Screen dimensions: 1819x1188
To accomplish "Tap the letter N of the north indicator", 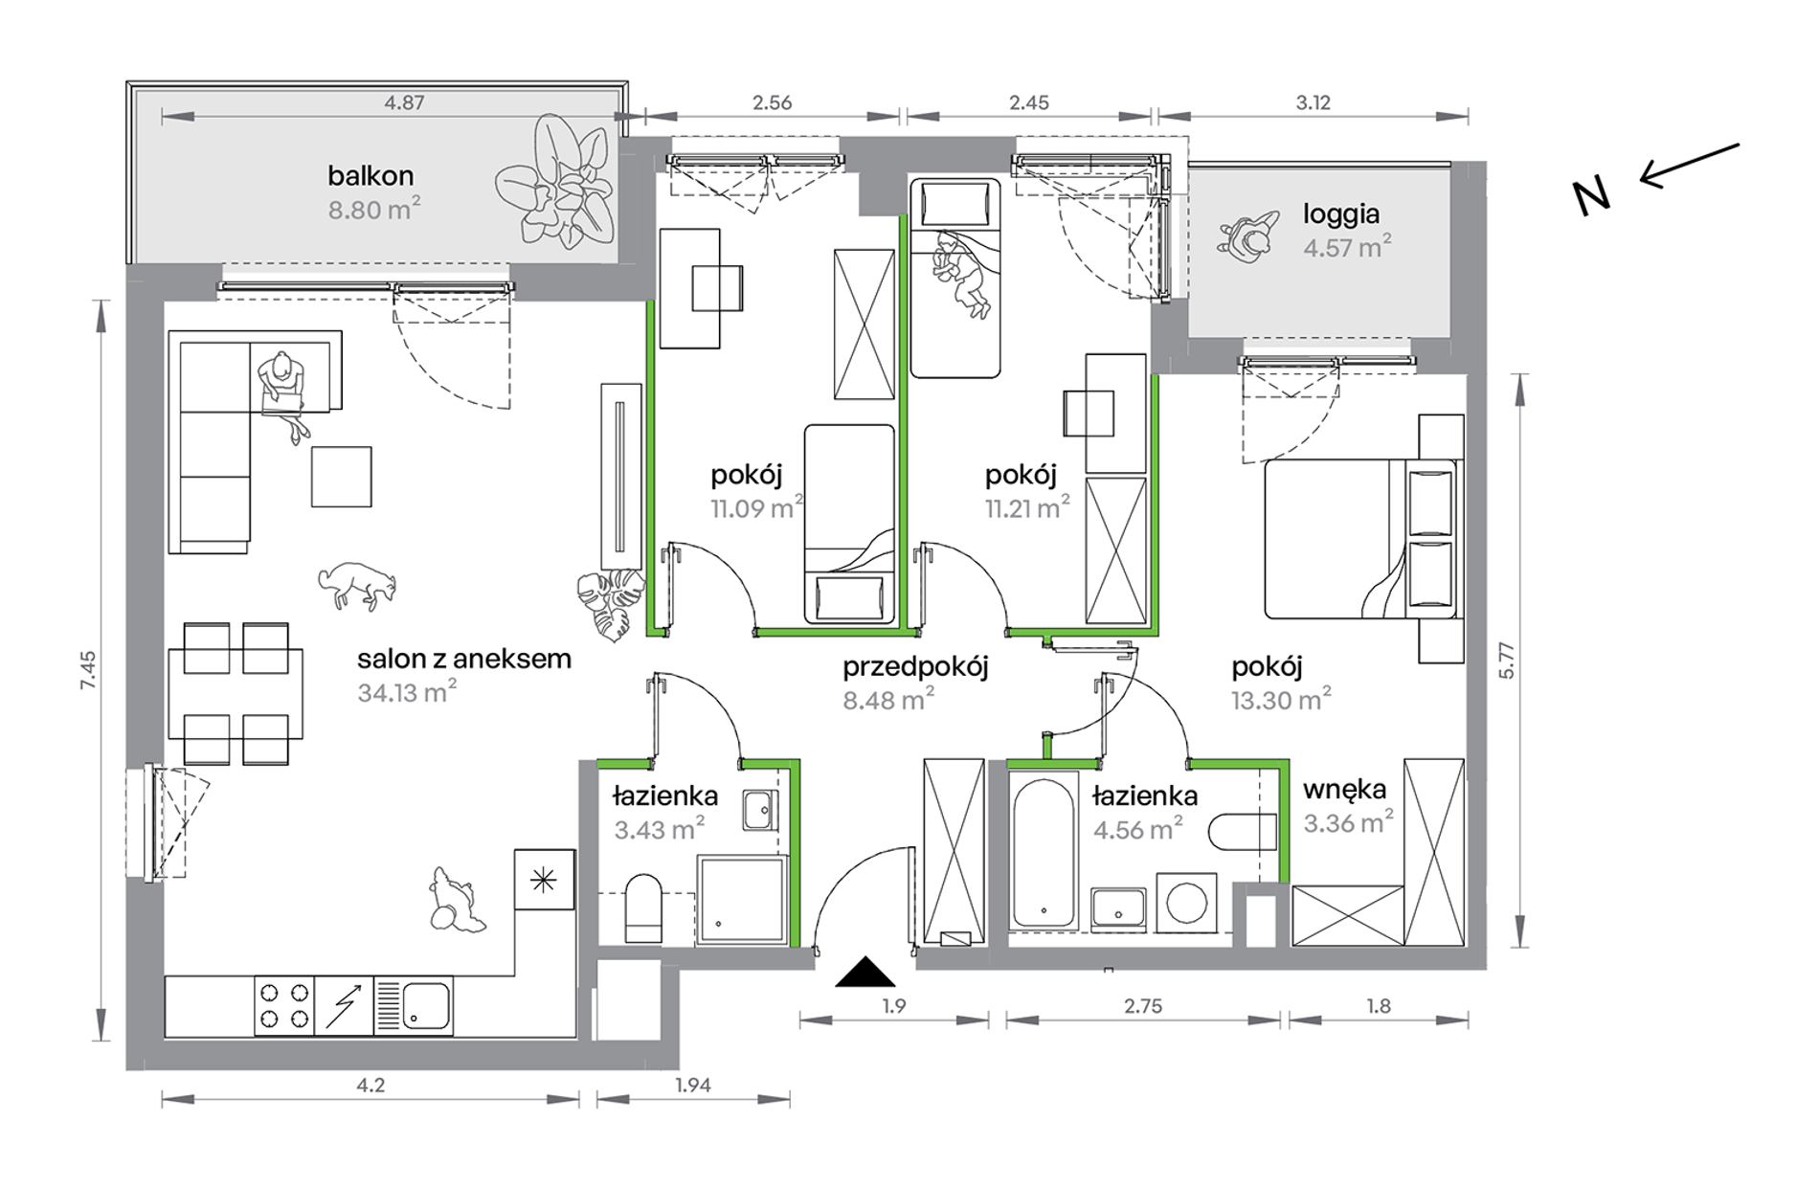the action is point(1592,197).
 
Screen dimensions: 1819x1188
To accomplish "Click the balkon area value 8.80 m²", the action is point(374,209).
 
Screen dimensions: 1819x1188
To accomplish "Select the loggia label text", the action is point(1341,214).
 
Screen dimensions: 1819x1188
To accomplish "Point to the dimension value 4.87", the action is point(404,102).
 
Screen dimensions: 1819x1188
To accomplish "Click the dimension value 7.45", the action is point(88,670).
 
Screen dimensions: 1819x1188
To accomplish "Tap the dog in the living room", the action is point(357,585).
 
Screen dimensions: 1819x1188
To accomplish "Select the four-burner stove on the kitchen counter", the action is point(284,1005).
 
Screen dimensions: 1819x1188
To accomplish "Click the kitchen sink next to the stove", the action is point(413,1005).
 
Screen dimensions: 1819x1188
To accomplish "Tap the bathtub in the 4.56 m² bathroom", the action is point(1044,853).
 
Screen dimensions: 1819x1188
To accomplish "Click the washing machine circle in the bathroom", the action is point(1186,903).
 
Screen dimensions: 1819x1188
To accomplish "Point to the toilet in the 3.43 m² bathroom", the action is point(643,908).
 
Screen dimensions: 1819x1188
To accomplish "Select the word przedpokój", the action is point(915,667).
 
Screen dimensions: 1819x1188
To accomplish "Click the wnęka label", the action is point(1344,791).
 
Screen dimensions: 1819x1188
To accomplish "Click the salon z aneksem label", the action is point(464,659).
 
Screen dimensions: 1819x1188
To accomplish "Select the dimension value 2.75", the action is point(1143,1006).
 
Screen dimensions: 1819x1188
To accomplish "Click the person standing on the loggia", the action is point(1249,236).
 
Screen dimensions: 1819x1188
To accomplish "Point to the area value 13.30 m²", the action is point(1281,700).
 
